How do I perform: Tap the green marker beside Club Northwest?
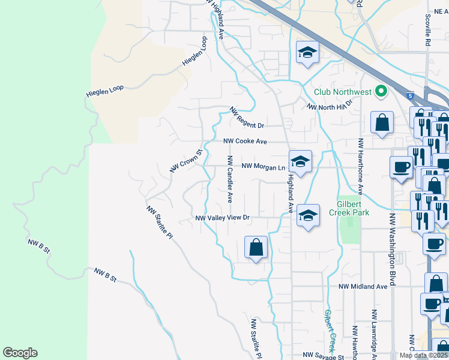coord(380,92)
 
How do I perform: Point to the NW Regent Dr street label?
coord(247,118)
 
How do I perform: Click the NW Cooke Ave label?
coord(245,142)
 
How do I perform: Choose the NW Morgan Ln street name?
coord(262,166)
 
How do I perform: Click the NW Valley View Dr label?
coord(222,218)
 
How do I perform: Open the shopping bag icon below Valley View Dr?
coord(256,247)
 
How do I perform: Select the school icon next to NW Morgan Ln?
coord(300,161)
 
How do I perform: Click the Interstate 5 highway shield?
coord(409,95)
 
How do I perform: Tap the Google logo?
coord(20,353)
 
